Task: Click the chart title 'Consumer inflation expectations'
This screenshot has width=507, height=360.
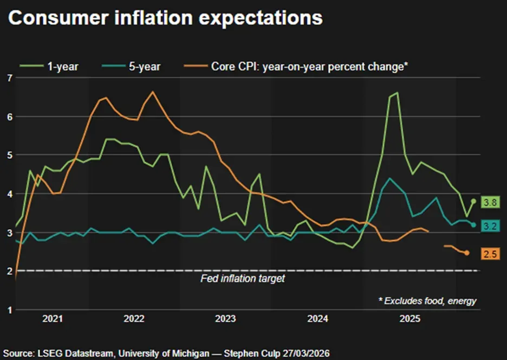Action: [165, 18]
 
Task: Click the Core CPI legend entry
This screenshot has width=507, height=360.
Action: [295, 66]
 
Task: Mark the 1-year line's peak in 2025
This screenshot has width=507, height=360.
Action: [397, 93]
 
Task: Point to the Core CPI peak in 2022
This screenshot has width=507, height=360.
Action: [152, 92]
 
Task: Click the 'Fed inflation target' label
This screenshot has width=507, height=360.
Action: [242, 279]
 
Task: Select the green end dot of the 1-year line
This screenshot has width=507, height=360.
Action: [473, 201]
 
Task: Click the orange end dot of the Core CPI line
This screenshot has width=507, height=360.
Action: [466, 253]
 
